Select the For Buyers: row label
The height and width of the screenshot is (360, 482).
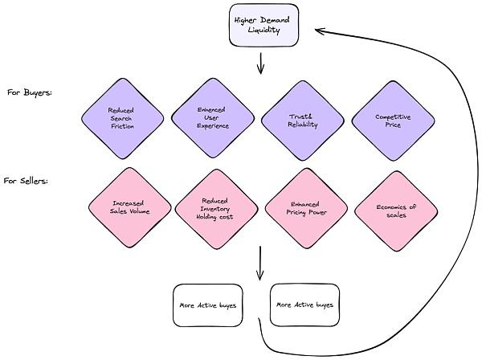pyautogui.click(x=29, y=92)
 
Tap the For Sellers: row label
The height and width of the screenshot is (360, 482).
pyautogui.click(x=26, y=181)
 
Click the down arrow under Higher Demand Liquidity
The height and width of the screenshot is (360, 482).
pyautogui.click(x=260, y=63)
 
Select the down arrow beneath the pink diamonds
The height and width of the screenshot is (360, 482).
pyautogui.click(x=259, y=263)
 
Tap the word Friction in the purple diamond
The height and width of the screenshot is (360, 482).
pyautogui.click(x=123, y=126)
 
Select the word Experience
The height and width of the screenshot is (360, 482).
pyautogui.click(x=213, y=126)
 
